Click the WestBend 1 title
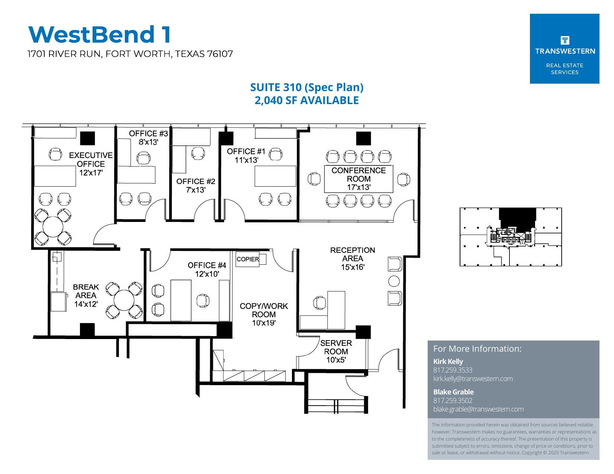(x=100, y=34)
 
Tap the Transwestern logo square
(x=564, y=49)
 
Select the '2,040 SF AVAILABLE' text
(x=306, y=100)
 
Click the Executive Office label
(x=91, y=159)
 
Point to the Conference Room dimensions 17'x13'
(x=359, y=187)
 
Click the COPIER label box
(x=247, y=259)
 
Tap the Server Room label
(x=336, y=347)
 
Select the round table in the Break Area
(x=124, y=300)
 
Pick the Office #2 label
(x=196, y=181)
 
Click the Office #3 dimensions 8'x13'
(x=148, y=142)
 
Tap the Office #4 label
(x=207, y=265)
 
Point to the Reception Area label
(x=352, y=254)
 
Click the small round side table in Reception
(x=394, y=281)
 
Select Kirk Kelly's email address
(x=473, y=379)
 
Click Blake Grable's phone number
(x=453, y=400)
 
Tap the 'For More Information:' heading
(x=477, y=349)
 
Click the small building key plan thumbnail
(x=511, y=237)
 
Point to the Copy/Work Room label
(x=264, y=310)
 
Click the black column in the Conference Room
(x=363, y=138)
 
